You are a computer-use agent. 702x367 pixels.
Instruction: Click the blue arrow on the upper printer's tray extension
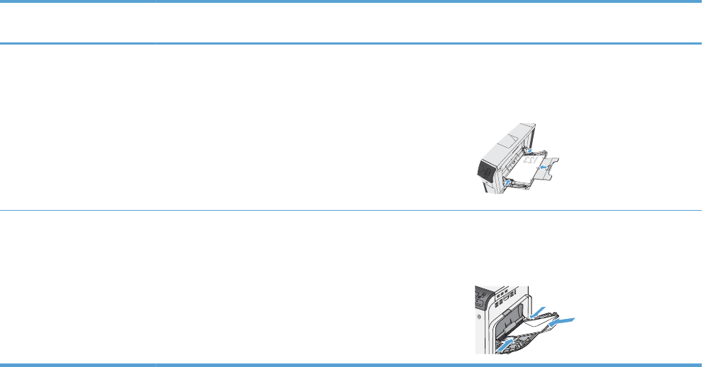544,167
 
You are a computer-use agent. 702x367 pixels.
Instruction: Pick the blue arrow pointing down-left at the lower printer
537,310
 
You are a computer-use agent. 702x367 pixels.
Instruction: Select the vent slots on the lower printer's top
502,291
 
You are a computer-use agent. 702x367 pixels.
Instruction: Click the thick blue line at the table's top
351,3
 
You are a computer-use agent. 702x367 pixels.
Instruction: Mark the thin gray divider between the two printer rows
351,210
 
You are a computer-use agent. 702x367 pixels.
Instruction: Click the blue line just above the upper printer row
351,44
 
